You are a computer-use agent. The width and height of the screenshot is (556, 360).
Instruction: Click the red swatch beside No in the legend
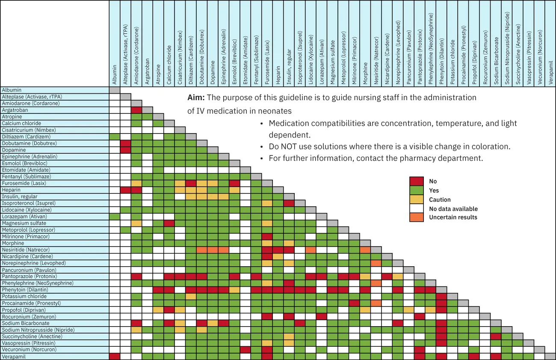(417, 181)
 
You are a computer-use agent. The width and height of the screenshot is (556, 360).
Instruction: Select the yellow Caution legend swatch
(417, 199)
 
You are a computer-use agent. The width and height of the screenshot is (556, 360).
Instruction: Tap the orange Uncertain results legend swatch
(417, 217)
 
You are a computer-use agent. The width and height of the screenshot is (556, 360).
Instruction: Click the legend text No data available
(453, 209)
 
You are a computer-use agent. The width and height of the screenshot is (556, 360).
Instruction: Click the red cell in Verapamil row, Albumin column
(115, 357)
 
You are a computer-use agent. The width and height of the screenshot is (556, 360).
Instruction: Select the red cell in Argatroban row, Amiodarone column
(136, 110)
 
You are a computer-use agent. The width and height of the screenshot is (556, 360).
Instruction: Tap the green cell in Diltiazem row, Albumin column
(115, 137)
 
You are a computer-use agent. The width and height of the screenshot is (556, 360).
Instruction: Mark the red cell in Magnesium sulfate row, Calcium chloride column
(169, 223)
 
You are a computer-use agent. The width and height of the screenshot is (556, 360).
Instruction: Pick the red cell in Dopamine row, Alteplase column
(125, 150)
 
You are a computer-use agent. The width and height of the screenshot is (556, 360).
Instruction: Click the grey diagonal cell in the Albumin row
(115, 90)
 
